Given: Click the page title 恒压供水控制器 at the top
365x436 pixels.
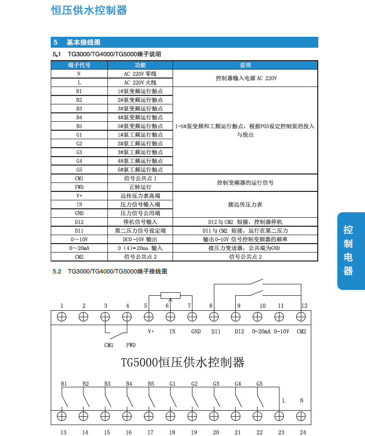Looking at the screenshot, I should (89, 10).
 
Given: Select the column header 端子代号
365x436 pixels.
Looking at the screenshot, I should (79, 65).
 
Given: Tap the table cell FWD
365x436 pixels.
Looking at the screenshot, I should (79, 187).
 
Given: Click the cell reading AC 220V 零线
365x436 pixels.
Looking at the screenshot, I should (140, 74).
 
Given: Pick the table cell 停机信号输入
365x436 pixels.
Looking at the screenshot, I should (140, 222).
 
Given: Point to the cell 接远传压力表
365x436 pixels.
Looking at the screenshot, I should (245, 204).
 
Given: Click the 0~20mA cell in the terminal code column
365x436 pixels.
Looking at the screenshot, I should (79, 248).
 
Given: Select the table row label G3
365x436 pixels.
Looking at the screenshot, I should (79, 152).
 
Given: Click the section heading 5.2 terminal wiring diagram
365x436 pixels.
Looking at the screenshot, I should (110, 271).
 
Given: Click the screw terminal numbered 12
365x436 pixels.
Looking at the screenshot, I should (301, 316).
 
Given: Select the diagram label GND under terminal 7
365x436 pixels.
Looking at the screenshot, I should (196, 331).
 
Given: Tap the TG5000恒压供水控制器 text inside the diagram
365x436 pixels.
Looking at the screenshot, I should (182, 362).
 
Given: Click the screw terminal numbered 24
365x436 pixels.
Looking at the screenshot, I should (301, 416).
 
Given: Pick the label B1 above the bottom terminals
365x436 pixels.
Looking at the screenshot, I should (64, 384).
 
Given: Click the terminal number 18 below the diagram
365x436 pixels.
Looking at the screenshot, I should (172, 432).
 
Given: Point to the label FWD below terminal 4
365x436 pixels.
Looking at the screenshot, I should (131, 345).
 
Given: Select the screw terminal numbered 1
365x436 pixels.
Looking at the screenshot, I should (62, 316).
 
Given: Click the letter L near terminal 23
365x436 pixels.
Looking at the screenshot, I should (283, 400).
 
